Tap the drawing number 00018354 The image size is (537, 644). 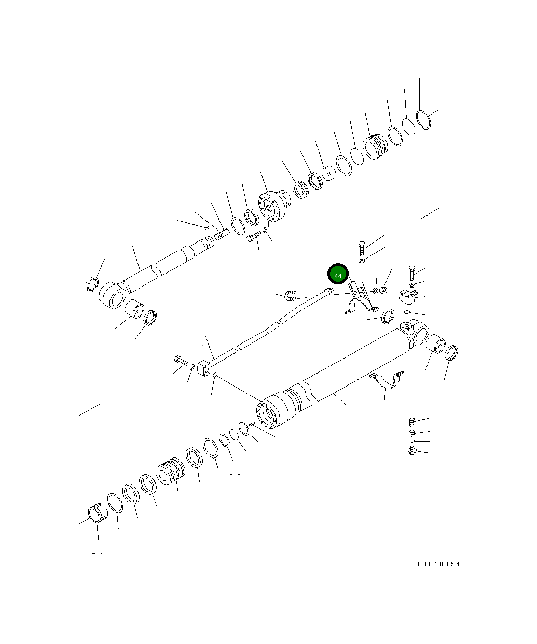coord(438,564)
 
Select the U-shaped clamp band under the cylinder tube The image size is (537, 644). coord(387,380)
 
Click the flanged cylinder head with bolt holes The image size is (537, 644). coord(274,206)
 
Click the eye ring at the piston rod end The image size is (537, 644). coord(113,295)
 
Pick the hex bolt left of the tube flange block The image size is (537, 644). coord(181,361)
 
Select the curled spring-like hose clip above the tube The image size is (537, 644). coord(291,295)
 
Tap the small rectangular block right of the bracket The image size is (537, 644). coord(407,296)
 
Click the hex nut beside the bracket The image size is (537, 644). coord(383,290)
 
